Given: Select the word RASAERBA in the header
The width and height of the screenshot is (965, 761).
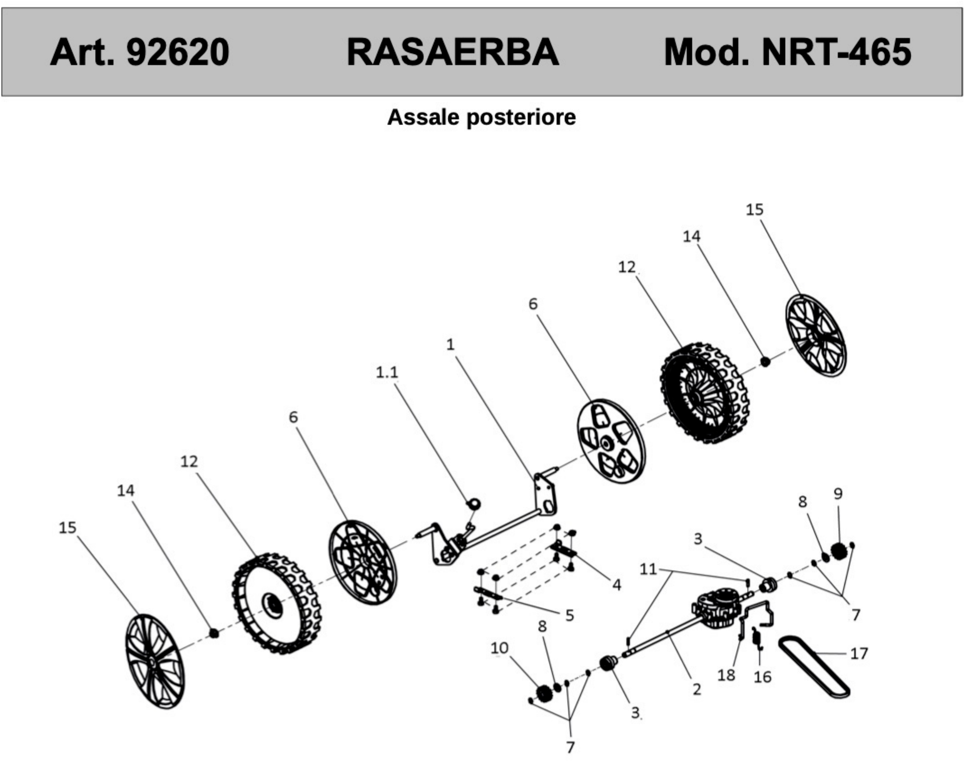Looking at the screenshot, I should coord(452,52).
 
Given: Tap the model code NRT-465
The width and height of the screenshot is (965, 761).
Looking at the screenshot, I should coord(836,52).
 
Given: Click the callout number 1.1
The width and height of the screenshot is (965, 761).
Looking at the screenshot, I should coord(386,372).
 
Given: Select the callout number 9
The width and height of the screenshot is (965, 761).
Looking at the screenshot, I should coord(838,494).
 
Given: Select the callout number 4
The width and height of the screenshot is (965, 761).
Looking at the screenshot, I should coord(617,585).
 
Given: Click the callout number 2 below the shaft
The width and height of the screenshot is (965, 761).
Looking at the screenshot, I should coord(697,689).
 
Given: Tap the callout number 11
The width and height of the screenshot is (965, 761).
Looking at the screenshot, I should coord(648,569).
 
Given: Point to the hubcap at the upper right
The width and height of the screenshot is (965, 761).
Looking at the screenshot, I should coord(815,335).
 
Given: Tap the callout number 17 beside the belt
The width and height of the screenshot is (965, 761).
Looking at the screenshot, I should coord(859,654).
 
